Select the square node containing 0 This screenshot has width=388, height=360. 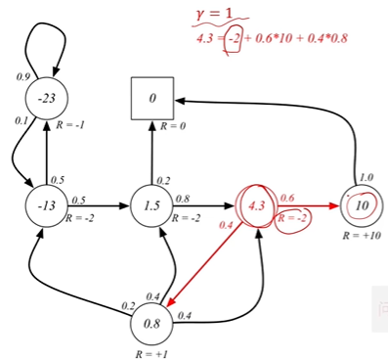point(152,99)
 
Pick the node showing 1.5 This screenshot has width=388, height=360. point(151,206)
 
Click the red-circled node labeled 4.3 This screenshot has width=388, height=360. point(257,206)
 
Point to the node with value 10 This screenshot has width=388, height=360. point(361,206)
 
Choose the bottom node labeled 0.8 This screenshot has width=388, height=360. point(151,322)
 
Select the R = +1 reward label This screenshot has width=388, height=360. point(151,349)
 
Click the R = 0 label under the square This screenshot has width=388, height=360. point(173,126)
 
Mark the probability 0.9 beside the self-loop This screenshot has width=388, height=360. point(23,76)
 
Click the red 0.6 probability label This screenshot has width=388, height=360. point(287,198)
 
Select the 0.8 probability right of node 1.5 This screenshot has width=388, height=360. point(183,199)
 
